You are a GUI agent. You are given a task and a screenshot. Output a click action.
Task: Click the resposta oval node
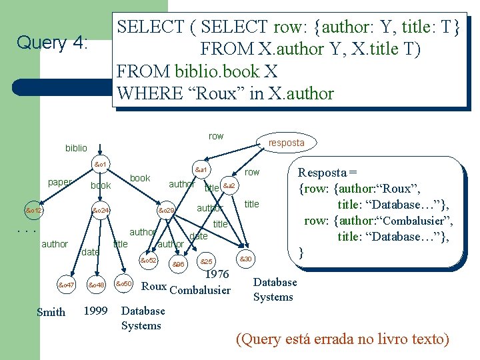click(286, 143)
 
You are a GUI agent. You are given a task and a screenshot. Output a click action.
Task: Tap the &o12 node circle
click(33, 211)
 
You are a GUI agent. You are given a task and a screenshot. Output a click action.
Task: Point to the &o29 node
click(166, 211)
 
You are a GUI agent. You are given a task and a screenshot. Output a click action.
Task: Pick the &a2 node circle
click(229, 185)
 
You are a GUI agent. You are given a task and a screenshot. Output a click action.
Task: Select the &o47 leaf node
click(66, 285)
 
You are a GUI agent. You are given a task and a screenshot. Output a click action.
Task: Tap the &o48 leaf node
click(97, 285)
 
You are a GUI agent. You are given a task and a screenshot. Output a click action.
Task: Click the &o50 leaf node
click(125, 285)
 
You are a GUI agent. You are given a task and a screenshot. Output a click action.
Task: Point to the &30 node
click(245, 259)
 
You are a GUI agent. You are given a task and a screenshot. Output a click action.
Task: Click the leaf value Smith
click(51, 312)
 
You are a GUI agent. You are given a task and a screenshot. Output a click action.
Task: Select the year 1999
click(97, 311)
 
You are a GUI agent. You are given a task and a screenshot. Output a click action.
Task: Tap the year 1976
click(217, 274)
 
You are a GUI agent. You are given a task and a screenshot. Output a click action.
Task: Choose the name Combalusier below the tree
click(200, 290)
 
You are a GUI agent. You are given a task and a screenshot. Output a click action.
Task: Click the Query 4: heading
click(52, 43)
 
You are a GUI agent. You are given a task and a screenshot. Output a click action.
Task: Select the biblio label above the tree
click(76, 147)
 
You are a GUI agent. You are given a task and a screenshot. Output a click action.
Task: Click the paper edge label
click(60, 181)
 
